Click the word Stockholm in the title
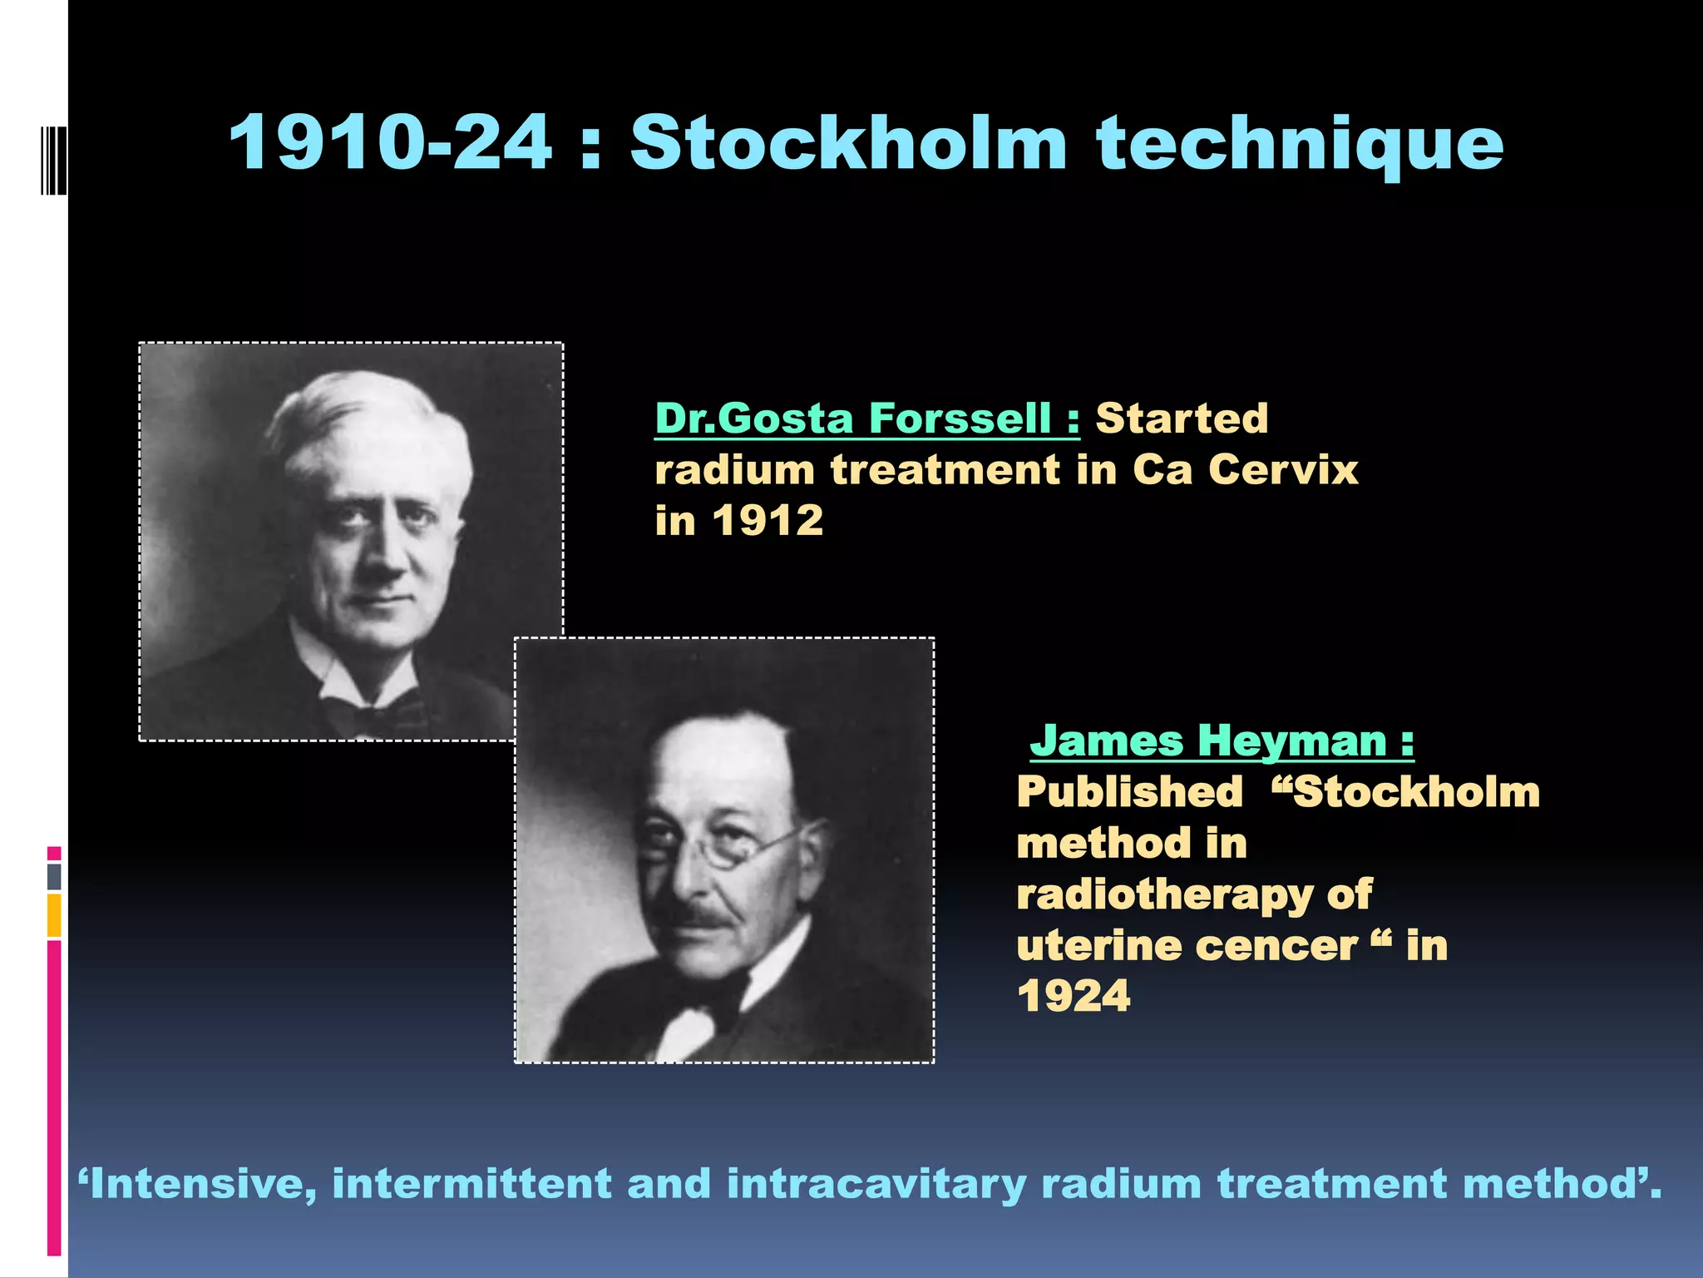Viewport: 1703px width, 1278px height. (848, 143)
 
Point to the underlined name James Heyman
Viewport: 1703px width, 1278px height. (1221, 741)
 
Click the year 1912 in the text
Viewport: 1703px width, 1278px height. (768, 522)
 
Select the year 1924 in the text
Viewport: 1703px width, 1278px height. (1074, 996)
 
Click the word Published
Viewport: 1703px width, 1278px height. (1129, 791)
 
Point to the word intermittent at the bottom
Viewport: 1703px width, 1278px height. (472, 1184)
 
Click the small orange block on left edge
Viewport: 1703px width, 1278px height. (54, 915)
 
